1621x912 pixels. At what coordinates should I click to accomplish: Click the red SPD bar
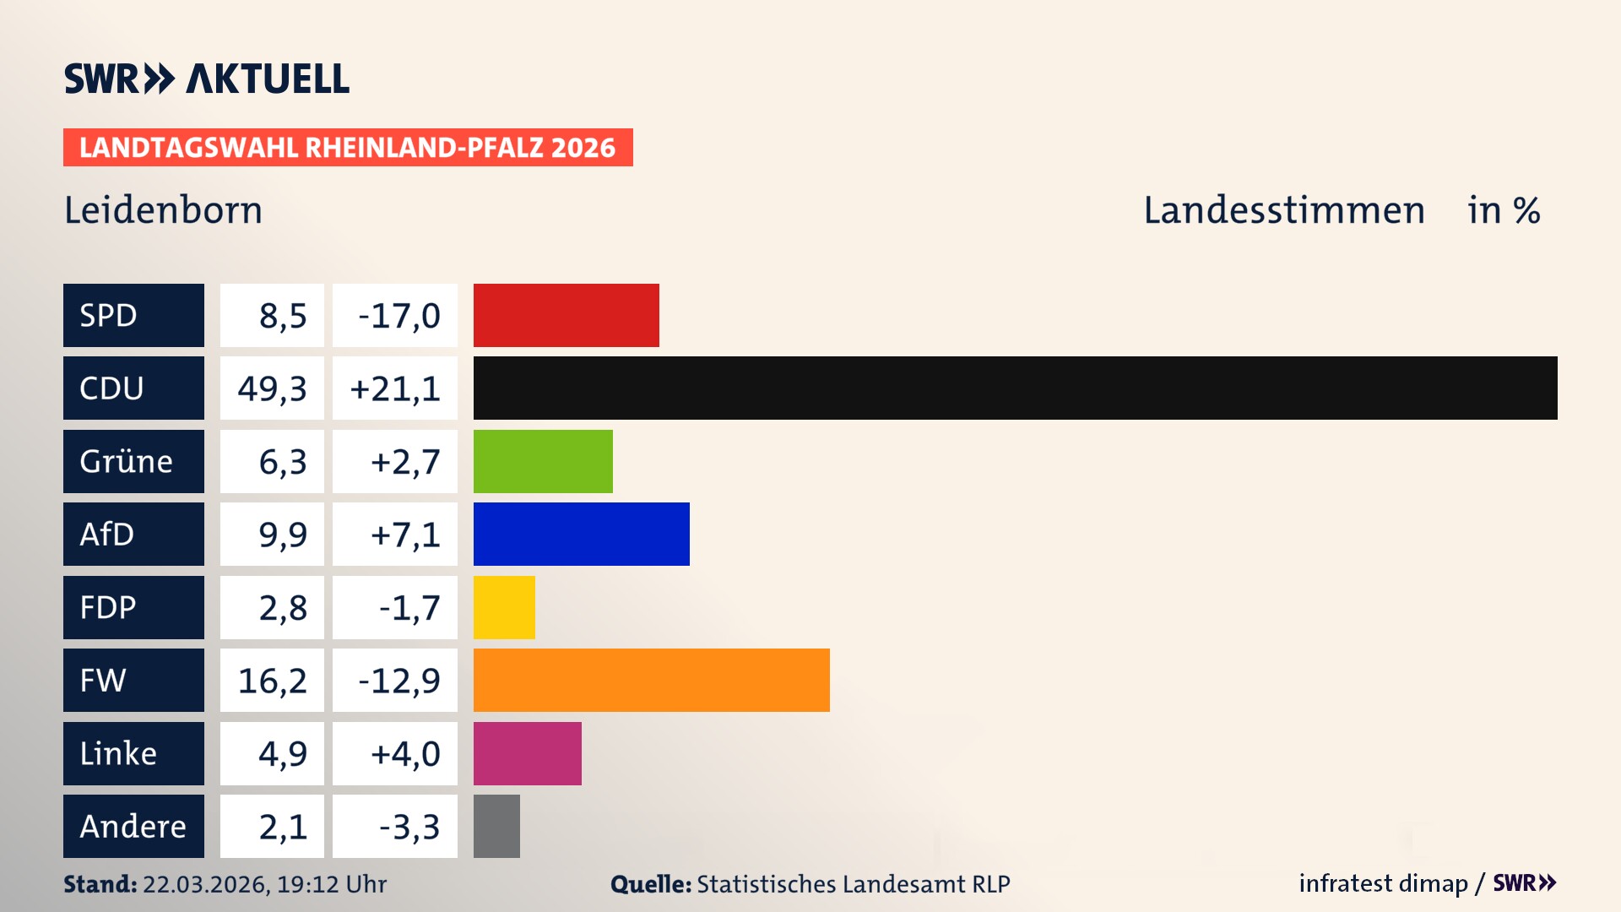(x=566, y=315)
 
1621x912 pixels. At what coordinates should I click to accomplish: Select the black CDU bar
(x=1015, y=388)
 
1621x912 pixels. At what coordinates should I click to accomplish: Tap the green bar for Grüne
(x=543, y=461)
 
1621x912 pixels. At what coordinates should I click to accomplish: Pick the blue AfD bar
(x=581, y=534)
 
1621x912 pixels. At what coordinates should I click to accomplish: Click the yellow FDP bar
(x=504, y=607)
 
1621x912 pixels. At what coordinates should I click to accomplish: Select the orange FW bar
(x=651, y=680)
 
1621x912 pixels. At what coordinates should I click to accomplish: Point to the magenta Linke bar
(x=527, y=753)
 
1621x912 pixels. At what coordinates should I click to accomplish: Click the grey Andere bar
(x=496, y=826)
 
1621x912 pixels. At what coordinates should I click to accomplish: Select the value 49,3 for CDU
(x=272, y=388)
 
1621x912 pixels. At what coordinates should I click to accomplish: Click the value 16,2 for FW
(x=272, y=681)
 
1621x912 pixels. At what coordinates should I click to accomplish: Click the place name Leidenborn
(x=163, y=210)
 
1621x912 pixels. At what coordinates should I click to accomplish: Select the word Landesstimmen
(x=1283, y=210)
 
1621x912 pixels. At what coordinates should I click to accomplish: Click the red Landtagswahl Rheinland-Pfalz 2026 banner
(x=348, y=148)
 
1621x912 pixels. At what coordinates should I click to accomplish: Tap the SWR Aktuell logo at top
(x=206, y=79)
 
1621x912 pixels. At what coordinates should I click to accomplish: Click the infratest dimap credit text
(x=1383, y=883)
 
